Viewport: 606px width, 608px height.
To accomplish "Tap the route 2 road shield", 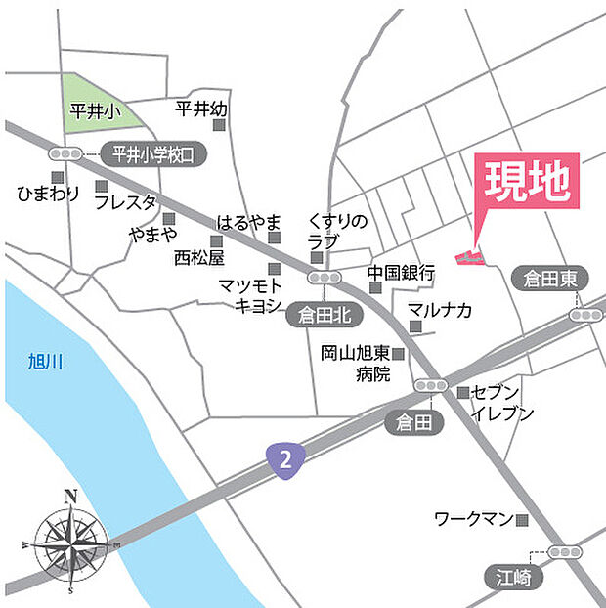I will coord(282,458).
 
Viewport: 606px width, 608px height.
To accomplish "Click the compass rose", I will coord(70,540).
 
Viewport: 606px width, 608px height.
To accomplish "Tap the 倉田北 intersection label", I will coord(318,315).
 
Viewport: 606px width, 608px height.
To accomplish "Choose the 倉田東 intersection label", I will coord(550,280).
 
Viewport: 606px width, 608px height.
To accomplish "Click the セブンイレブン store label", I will coord(502,402).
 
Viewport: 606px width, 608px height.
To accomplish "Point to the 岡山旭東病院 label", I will coord(354,363).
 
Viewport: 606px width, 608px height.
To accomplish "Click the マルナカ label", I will coord(440,311).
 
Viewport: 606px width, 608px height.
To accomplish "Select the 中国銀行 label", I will coord(401,273).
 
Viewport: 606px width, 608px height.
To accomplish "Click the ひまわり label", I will coord(48,194).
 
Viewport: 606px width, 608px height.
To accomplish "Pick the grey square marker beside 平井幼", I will coord(220,125).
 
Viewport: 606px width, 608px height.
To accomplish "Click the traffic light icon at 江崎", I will coord(565,552).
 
